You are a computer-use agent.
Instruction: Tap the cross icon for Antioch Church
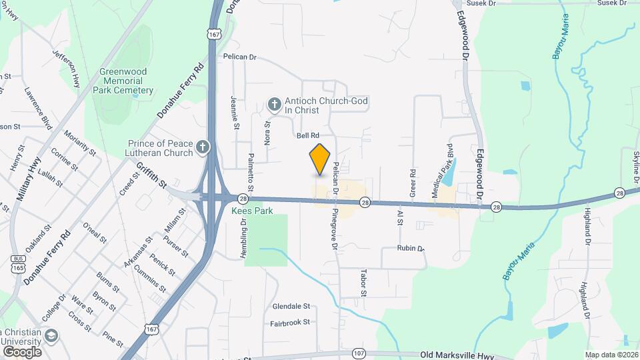[x=273, y=104]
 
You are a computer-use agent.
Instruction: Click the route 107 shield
[x=359, y=353]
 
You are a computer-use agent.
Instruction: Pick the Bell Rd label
[x=308, y=135]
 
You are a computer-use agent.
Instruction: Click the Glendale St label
[x=291, y=307]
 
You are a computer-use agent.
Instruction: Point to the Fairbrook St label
[x=290, y=322]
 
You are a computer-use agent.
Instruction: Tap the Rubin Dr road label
[x=411, y=248]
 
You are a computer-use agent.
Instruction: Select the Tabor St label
[x=364, y=283]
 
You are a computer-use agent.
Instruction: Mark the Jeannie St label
[x=235, y=113]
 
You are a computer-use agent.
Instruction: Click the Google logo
[x=22, y=351]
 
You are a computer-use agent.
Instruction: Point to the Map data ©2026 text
[x=611, y=355]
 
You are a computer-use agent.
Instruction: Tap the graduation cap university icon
[x=51, y=335]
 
